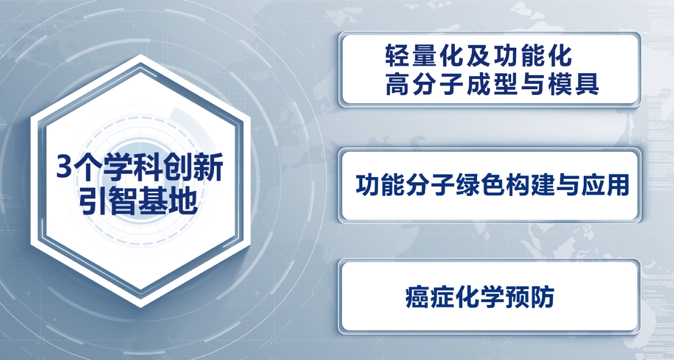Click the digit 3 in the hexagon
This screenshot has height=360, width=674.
click(65, 168)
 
